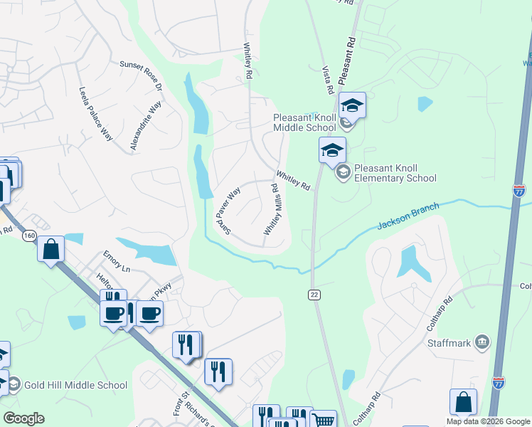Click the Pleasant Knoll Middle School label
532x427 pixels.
click(304, 122)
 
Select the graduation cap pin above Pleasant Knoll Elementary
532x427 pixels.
click(332, 151)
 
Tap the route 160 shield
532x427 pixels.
click(28, 236)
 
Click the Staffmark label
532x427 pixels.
click(449, 343)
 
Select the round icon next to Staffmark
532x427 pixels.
click(483, 343)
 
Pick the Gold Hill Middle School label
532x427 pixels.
click(75, 386)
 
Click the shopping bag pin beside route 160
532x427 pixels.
click(51, 250)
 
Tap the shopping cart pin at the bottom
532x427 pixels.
click(324, 421)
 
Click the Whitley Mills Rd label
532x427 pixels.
click(272, 209)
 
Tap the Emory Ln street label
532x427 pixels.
click(117, 270)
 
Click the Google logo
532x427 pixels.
click(23, 418)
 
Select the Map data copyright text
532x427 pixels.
click(487, 421)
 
